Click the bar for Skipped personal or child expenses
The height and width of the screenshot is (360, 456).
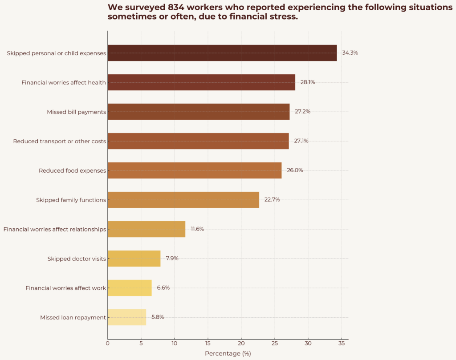tap(222, 53)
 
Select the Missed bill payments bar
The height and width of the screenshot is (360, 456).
tap(198, 112)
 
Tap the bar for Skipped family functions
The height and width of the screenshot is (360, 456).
tap(183, 200)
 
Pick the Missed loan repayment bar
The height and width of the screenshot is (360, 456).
tap(126, 317)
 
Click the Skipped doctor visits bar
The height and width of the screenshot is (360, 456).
tap(134, 259)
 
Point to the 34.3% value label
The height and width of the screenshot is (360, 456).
tap(350, 53)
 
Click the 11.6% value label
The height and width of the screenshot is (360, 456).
tap(197, 229)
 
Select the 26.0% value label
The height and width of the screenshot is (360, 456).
tap(295, 170)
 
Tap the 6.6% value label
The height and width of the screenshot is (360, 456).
tap(163, 288)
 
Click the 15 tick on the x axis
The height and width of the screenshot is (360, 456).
tap(208, 344)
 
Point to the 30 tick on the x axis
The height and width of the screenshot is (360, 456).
tap(308, 344)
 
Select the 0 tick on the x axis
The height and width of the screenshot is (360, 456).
tap(107, 344)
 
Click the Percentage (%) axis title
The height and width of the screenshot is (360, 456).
tap(228, 354)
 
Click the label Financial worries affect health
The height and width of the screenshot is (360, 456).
tap(64, 83)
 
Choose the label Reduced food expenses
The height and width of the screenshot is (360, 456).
tap(72, 171)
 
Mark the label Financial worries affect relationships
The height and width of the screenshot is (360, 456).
tap(55, 230)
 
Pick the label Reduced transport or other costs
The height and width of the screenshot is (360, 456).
tap(60, 142)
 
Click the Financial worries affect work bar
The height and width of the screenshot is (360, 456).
tap(129, 288)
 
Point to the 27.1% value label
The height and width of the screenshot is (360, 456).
tap(301, 141)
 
